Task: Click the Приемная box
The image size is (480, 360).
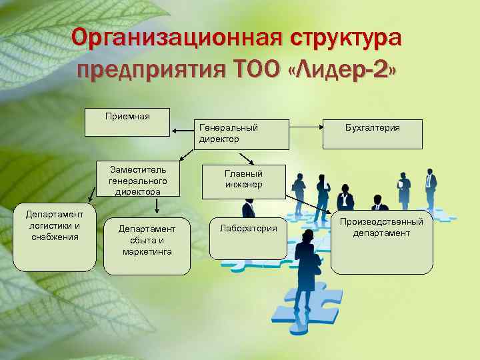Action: tap(128, 123)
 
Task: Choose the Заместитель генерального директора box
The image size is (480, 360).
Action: tap(137, 179)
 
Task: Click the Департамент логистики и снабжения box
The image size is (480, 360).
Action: tap(55, 237)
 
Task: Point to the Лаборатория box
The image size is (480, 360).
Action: tap(248, 237)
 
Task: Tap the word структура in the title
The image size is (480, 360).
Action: tap(345, 38)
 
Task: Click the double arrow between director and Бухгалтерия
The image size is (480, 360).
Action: tap(306, 124)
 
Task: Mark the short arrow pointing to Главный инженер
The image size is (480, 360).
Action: tap(247, 159)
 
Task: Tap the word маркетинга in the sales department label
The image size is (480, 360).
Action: tap(147, 251)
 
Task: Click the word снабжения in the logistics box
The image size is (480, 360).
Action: tap(55, 236)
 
